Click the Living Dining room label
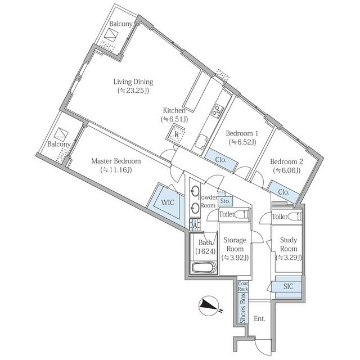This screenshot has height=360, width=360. pos(133,82)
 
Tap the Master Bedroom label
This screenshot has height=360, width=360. pos(116,161)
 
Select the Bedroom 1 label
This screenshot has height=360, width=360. pos(242,133)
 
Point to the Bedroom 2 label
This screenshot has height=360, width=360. pos(286,161)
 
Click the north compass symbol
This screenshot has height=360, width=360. pos(209,305)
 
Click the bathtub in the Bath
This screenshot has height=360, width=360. pos(204,268)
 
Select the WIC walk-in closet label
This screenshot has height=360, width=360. pos(168,202)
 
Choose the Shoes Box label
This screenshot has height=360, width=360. pos(242,308)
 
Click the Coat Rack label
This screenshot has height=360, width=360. pos(243,286)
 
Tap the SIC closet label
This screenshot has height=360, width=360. pos(289,286)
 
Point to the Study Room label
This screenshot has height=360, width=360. pos(289,244)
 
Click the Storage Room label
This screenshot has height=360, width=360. pos(235,244)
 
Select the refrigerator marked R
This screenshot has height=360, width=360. pos(176,134)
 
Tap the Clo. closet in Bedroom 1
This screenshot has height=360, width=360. pos(221,160)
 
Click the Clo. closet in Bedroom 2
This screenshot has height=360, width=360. pos(283,192)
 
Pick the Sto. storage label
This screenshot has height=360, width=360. pos(225,201)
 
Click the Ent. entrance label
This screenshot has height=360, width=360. pos(260,319)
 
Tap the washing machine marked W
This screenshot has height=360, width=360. pos(195,225)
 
